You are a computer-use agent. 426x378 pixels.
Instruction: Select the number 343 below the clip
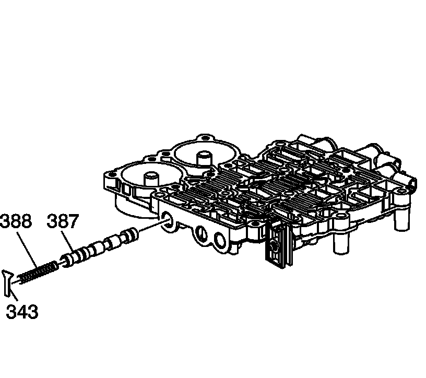(x=22, y=312)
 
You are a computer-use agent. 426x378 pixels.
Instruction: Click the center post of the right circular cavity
(x=203, y=157)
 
